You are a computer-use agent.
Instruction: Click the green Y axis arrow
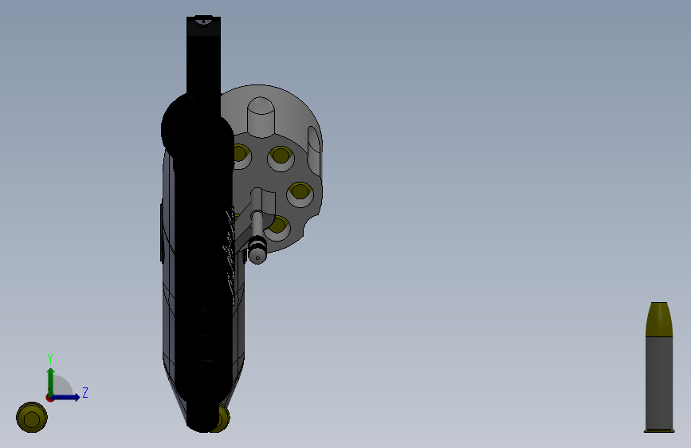tap(49, 379)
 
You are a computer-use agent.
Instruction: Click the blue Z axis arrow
tap(69, 397)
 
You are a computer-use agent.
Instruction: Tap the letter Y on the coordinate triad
tap(49, 358)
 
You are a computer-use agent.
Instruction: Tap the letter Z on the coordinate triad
tap(84, 392)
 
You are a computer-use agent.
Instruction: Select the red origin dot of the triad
tap(49, 397)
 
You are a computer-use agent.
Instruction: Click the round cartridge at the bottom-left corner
tap(31, 417)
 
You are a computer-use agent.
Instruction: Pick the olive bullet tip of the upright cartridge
tap(659, 319)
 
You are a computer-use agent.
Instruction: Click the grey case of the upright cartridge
tap(659, 383)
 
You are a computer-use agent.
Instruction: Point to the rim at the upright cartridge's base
tap(659, 430)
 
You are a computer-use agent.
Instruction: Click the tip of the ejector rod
tap(257, 255)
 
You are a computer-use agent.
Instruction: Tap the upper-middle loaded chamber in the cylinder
tap(280, 157)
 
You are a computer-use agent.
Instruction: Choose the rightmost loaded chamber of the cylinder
tap(300, 192)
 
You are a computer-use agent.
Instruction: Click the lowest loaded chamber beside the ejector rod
tap(278, 226)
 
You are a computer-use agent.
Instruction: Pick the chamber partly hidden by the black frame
tap(239, 154)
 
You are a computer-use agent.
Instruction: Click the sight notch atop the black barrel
tap(203, 22)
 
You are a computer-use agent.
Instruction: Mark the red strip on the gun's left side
tap(162, 231)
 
